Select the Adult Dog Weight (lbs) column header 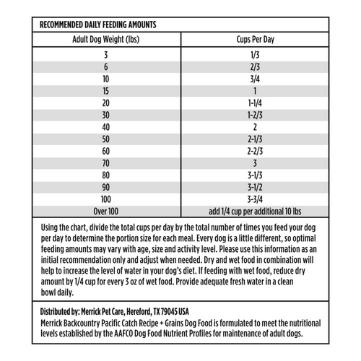(x=106, y=40)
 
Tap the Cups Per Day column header (x=253, y=40)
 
